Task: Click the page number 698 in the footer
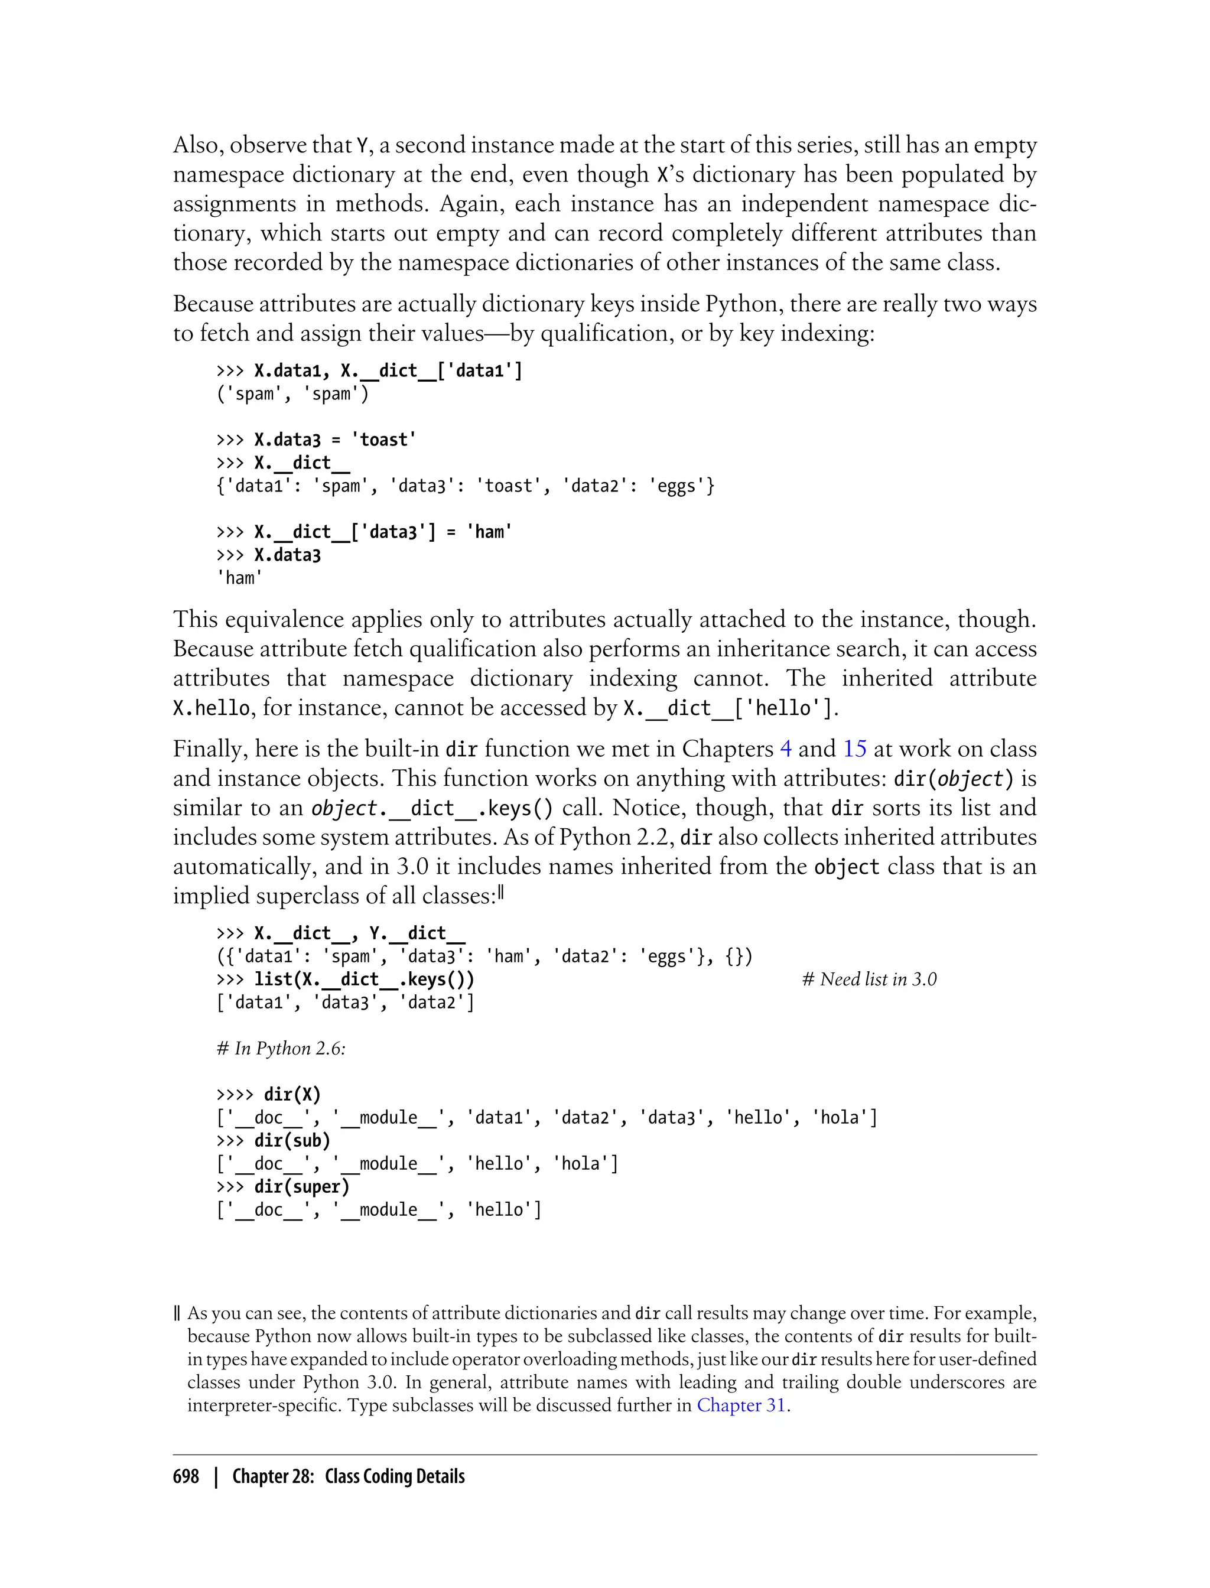(x=186, y=1476)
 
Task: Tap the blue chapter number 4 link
(x=786, y=749)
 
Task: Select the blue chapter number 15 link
(x=854, y=749)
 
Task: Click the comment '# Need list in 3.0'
(x=869, y=980)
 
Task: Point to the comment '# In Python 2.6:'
(x=281, y=1049)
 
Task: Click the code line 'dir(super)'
(x=301, y=1187)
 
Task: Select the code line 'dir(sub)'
(x=292, y=1141)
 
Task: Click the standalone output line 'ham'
(x=240, y=578)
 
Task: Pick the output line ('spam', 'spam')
(x=292, y=394)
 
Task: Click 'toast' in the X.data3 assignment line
(x=384, y=440)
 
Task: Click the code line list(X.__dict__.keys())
(x=364, y=980)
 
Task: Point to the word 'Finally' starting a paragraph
(x=210, y=749)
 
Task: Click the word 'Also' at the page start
(x=197, y=145)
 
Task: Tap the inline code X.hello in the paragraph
(x=211, y=708)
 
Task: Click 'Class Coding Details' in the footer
(x=395, y=1476)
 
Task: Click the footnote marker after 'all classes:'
(x=500, y=894)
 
